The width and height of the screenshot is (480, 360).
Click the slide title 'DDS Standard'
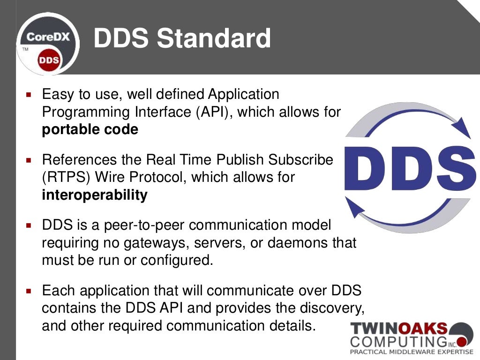182,38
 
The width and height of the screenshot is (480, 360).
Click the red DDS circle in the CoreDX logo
49,60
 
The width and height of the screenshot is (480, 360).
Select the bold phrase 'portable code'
90,129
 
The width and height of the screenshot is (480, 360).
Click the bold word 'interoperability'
95,195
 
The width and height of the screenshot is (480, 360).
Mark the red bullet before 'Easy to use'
29,95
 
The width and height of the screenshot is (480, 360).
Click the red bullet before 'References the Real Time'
29,160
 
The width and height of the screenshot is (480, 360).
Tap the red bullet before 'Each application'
29,291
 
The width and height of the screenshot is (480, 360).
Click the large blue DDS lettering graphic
410,167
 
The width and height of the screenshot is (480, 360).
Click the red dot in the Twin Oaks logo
462,340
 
